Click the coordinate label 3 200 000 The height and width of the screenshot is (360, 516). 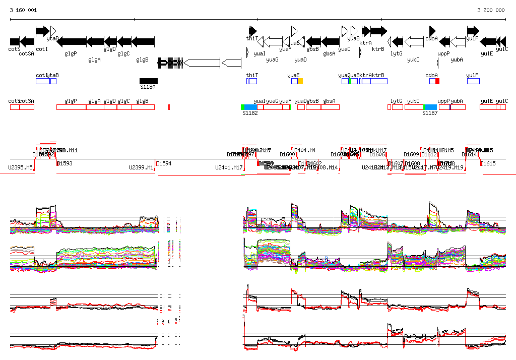tap(491, 10)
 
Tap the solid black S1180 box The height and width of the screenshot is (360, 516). tap(149, 81)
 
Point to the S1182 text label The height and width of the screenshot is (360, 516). tap(250, 113)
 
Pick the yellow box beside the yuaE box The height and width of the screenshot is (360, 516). tap(300, 81)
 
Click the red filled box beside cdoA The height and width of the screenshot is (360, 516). tap(437, 81)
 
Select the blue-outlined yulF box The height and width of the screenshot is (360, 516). tap(473, 81)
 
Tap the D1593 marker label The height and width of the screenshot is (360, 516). tap(65, 163)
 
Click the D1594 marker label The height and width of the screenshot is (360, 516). tap(164, 163)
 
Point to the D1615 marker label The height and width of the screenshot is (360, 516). tap(488, 163)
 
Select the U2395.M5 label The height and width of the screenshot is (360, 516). tap(21, 167)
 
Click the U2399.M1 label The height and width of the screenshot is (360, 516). tap(142, 167)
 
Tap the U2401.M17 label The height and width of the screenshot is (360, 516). tap(229, 167)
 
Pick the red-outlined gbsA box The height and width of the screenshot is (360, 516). tap(330, 107)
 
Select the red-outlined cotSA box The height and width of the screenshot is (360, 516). tap(27, 107)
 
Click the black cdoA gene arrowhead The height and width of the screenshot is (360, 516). tap(432, 31)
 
